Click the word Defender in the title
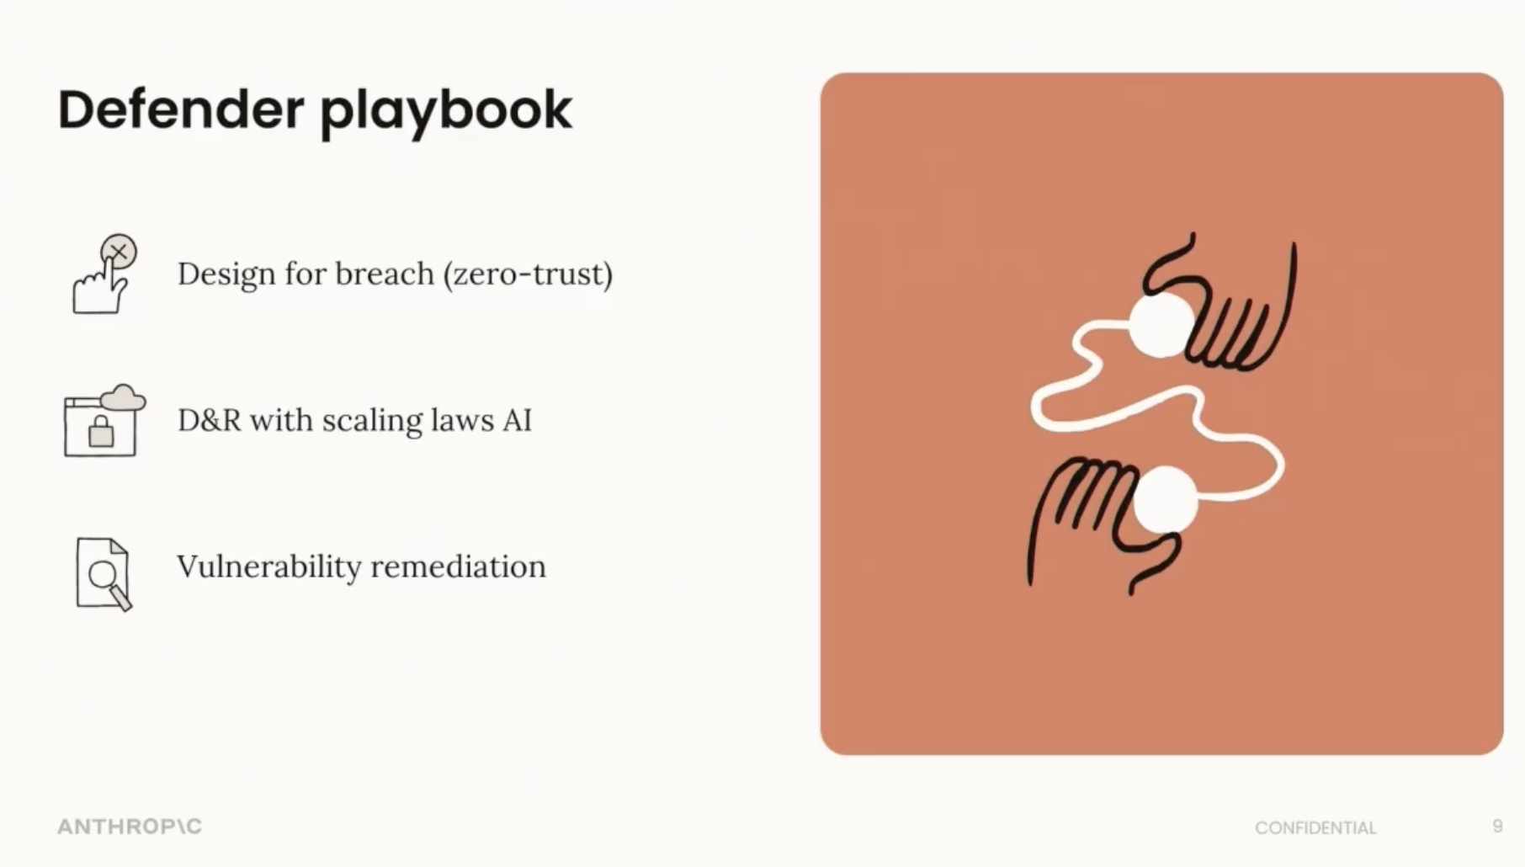click(x=181, y=109)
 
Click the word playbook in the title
click(x=446, y=113)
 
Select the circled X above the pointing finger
click(x=119, y=252)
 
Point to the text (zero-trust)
click(x=529, y=274)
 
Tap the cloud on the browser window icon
click(x=124, y=396)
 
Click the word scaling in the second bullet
click(x=372, y=421)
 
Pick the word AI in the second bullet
click(x=517, y=420)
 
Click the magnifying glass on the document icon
click(x=109, y=582)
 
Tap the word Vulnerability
click(x=268, y=566)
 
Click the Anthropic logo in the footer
click(x=130, y=827)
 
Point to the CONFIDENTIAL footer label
click(x=1315, y=828)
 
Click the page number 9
click(x=1497, y=826)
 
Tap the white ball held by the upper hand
click(x=1161, y=325)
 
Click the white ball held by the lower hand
click(x=1166, y=500)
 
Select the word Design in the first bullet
click(x=226, y=274)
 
